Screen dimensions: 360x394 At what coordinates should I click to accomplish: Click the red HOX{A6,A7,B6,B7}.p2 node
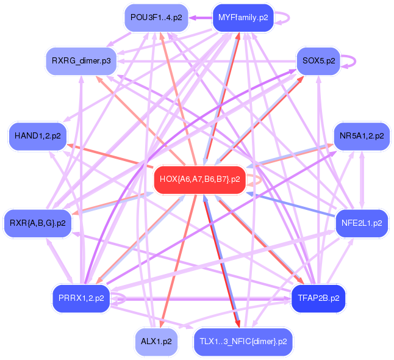point(199,180)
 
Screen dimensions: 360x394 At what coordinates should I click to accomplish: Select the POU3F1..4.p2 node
point(156,18)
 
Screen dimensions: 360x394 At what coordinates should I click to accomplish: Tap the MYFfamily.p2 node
point(242,18)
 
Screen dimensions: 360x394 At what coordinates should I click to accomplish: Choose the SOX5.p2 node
point(317,61)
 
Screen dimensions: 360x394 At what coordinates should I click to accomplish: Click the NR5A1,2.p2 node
point(362,136)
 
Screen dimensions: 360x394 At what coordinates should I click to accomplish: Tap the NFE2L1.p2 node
point(362,223)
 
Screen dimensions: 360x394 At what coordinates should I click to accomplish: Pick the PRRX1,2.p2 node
point(81,298)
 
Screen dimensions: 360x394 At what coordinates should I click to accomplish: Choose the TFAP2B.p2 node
point(318,298)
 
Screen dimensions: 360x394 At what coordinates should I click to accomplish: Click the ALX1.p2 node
point(156,341)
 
